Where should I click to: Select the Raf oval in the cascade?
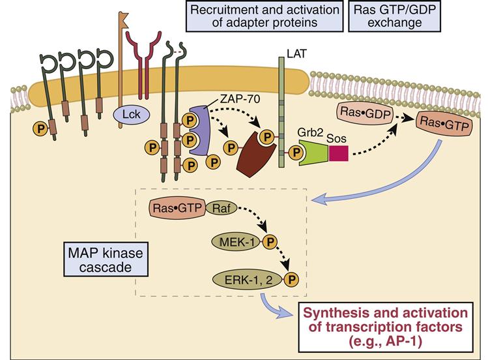[220, 208]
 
